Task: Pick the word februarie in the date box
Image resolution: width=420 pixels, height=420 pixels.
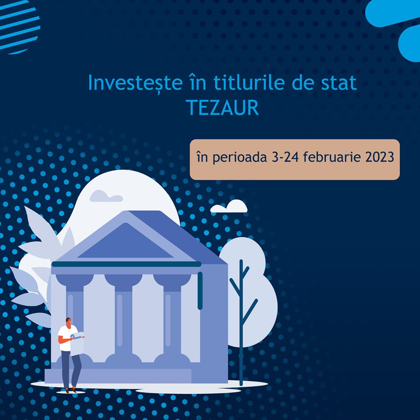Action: [x=329, y=157]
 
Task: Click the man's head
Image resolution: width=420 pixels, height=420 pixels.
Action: [x=68, y=322]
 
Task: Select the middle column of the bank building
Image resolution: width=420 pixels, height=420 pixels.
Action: [x=123, y=319]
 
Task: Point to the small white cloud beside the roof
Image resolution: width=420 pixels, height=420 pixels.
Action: [x=229, y=206]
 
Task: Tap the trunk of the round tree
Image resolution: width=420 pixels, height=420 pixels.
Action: [x=241, y=324]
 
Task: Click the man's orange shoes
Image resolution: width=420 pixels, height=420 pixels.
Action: [x=70, y=389]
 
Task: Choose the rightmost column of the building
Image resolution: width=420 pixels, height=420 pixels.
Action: [x=172, y=319]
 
